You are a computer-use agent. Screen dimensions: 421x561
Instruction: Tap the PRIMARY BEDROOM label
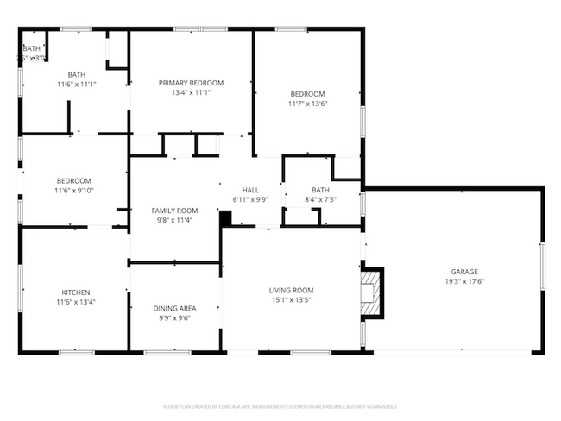coord(191,83)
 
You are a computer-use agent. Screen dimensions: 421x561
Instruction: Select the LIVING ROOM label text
coord(291,291)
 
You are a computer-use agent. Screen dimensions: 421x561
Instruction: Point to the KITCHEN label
coord(75,292)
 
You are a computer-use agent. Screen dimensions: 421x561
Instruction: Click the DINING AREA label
coord(174,308)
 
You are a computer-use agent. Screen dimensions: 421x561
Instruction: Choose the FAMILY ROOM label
coord(174,210)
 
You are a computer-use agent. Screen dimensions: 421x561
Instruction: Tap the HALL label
coord(250,190)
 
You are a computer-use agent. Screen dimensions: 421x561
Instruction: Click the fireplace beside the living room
coord(372,294)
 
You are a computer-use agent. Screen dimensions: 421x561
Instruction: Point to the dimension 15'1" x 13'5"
coord(291,300)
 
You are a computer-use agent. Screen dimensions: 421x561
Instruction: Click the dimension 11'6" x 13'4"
coord(75,302)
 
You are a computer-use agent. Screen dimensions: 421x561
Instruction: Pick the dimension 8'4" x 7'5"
coord(320,199)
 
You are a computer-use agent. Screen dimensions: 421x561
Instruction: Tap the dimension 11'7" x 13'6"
coord(307,104)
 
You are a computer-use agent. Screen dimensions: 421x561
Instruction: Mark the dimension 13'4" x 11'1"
coord(191,92)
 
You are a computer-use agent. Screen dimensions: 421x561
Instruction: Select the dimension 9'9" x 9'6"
coord(174,317)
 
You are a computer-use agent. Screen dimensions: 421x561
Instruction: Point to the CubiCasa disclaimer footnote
coord(280,405)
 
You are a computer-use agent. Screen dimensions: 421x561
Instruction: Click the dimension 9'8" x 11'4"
coord(174,220)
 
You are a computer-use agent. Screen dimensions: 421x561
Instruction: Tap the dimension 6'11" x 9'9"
coord(250,199)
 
